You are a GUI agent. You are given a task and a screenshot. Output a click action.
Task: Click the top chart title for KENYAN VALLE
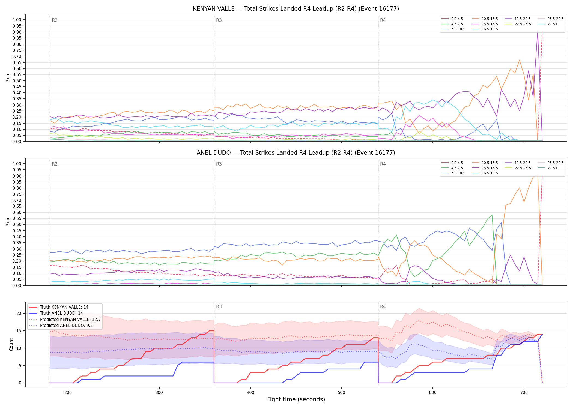296,9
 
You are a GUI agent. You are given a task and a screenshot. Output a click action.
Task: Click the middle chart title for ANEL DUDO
296,153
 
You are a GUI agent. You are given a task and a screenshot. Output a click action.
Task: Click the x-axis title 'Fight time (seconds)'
296,399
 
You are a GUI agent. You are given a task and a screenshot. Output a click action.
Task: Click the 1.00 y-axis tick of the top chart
17,20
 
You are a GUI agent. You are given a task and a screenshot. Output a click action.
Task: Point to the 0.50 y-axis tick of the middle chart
17,225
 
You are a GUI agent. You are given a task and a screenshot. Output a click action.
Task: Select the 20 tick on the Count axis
19,314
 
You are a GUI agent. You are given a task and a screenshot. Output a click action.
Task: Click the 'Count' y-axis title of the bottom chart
11,344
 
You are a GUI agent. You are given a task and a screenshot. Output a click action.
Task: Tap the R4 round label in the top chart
383,20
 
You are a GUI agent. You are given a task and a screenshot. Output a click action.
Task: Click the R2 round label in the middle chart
55,164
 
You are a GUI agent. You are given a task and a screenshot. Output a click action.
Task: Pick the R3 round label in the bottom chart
219,306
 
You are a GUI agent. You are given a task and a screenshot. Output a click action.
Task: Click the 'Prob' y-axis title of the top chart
8,78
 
